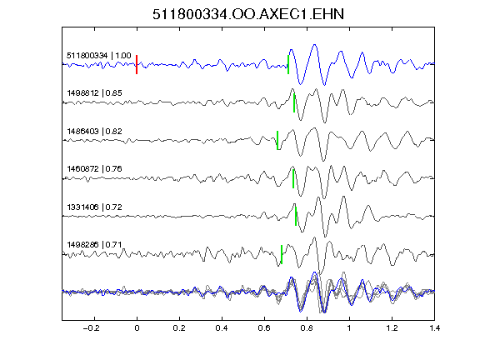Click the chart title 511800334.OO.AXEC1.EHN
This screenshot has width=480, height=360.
pyautogui.click(x=248, y=14)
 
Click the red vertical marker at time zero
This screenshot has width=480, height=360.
pyautogui.click(x=137, y=65)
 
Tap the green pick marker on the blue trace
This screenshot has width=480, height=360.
pyautogui.click(x=288, y=65)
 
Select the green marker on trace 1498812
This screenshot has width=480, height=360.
pyautogui.click(x=294, y=102)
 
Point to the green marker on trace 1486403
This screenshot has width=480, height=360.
pyautogui.click(x=277, y=141)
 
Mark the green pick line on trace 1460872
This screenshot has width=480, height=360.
pyautogui.click(x=293, y=178)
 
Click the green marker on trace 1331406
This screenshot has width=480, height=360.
pyautogui.click(x=296, y=216)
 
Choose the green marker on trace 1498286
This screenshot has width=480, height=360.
pyautogui.click(x=282, y=254)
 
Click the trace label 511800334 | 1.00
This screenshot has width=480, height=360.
pyautogui.click(x=99, y=56)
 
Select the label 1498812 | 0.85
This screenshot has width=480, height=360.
pyautogui.click(x=94, y=93)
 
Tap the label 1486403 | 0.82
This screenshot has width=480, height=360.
pyautogui.click(x=94, y=132)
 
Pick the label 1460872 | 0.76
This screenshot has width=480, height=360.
pyautogui.click(x=94, y=169)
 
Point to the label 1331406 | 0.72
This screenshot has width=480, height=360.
pyautogui.click(x=94, y=207)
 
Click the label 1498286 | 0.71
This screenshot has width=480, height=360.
pyautogui.click(x=94, y=245)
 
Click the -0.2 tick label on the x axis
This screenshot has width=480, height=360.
pyautogui.click(x=91, y=328)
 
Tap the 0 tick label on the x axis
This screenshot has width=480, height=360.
pyautogui.click(x=137, y=328)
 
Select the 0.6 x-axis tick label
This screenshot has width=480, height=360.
pyautogui.click(x=264, y=328)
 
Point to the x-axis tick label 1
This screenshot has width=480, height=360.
pyautogui.click(x=349, y=328)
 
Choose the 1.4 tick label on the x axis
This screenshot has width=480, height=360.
pyautogui.click(x=434, y=328)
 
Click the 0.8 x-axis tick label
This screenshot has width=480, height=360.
pyautogui.click(x=307, y=328)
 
